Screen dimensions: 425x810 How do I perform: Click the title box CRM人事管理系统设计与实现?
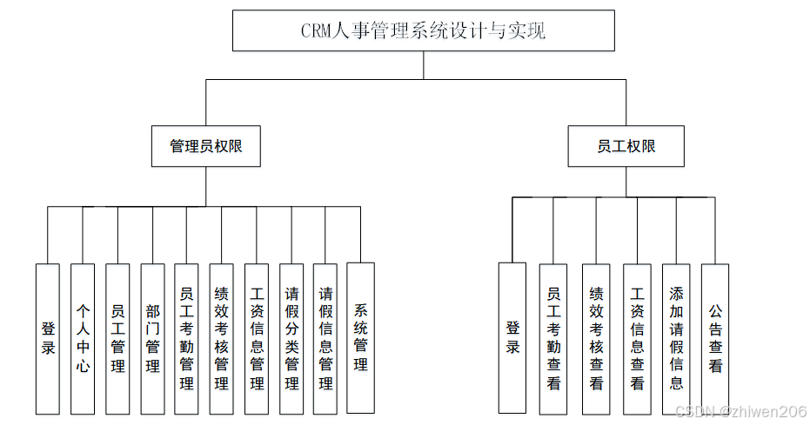[x=423, y=31]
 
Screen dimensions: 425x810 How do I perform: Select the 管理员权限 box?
[x=205, y=146]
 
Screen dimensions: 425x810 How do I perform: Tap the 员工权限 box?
[x=626, y=146]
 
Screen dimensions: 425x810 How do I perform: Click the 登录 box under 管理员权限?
[x=48, y=338]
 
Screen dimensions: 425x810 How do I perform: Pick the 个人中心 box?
[x=83, y=338]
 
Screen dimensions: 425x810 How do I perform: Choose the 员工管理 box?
[x=117, y=338]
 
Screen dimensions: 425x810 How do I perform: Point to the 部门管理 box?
[x=152, y=338]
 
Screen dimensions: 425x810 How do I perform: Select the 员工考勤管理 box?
[x=186, y=338]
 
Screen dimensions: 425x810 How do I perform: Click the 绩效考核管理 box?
[x=221, y=338]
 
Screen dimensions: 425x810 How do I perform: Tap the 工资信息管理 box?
[x=257, y=338]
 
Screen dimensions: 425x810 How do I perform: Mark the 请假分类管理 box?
[x=291, y=338]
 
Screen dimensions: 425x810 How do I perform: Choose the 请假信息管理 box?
[x=325, y=338]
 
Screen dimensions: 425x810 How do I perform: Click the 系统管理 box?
[x=360, y=337]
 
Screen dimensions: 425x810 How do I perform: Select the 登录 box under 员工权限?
[x=512, y=337]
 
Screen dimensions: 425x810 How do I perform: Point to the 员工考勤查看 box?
[x=553, y=338]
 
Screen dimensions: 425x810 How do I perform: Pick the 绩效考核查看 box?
[x=596, y=338]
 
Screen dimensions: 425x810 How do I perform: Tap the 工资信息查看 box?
[x=638, y=338]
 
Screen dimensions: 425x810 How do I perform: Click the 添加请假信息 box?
[x=676, y=338]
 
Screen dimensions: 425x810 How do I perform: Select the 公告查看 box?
[x=715, y=338]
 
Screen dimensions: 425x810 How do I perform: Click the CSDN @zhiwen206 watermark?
[x=740, y=411]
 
